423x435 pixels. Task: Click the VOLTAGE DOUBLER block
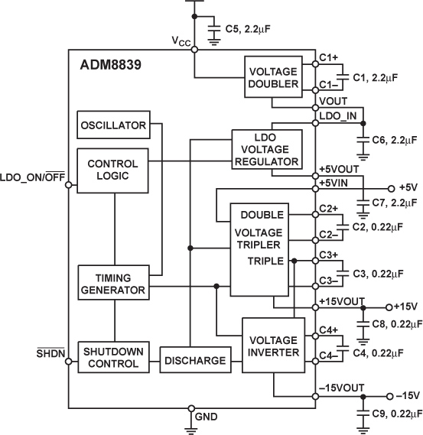[272, 77]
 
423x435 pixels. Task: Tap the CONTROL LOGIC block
[112, 170]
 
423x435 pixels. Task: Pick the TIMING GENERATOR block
[112, 284]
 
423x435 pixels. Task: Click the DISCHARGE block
[194, 360]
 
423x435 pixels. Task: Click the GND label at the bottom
[207, 417]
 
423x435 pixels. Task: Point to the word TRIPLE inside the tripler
[264, 260]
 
